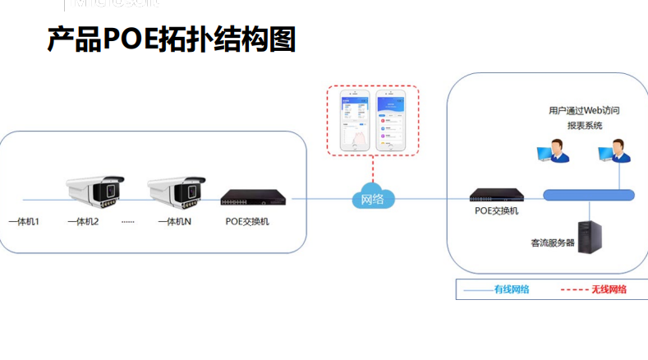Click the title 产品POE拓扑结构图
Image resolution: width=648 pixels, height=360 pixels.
171,39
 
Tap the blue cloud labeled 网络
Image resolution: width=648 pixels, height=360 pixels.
373,198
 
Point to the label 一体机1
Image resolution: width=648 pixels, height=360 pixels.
24,222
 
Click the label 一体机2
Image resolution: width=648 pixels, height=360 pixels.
83,222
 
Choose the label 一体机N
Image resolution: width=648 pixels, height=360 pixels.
174,222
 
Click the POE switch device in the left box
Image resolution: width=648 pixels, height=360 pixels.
255,198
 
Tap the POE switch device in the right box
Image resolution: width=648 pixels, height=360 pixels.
497,196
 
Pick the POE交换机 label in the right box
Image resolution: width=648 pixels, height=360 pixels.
497,211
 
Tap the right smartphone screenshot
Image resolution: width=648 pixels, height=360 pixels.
392,121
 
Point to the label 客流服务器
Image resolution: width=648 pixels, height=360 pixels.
553,242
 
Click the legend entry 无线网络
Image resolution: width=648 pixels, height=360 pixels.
609,289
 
